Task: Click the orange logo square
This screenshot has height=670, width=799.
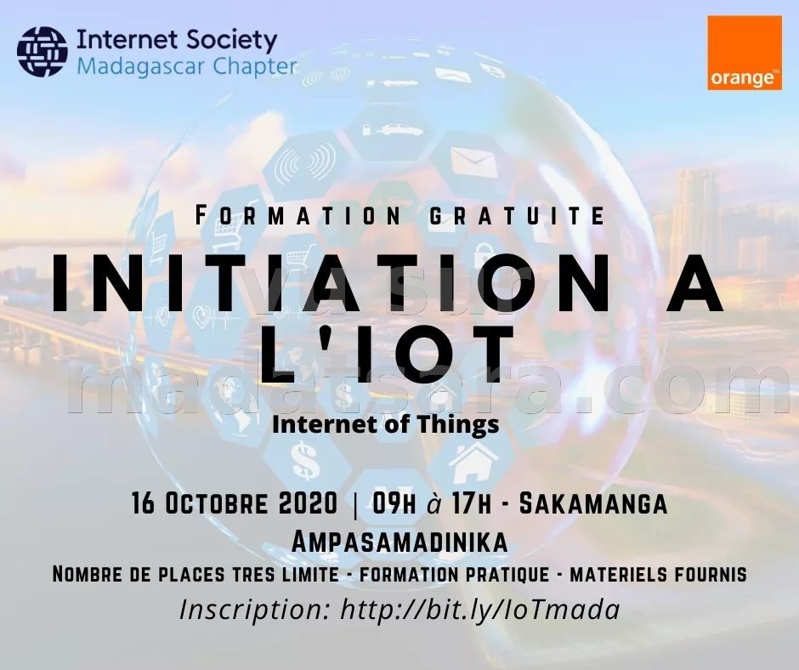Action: click(745, 53)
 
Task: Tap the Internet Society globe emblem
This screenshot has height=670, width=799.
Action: click(42, 52)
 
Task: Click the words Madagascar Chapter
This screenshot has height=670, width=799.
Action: click(186, 67)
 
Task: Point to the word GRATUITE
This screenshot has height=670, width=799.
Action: click(518, 215)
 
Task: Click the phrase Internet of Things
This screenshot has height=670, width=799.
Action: click(386, 424)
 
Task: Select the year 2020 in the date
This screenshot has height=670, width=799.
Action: click(309, 503)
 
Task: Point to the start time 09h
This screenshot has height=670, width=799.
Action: click(394, 503)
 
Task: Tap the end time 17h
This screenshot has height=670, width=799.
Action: click(472, 503)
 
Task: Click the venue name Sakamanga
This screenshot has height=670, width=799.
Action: click(593, 503)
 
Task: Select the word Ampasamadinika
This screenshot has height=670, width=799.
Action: click(399, 542)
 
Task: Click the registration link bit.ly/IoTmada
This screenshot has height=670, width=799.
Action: click(480, 610)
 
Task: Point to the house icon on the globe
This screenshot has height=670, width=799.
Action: click(474, 462)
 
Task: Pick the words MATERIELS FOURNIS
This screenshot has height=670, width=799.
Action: click(659, 574)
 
